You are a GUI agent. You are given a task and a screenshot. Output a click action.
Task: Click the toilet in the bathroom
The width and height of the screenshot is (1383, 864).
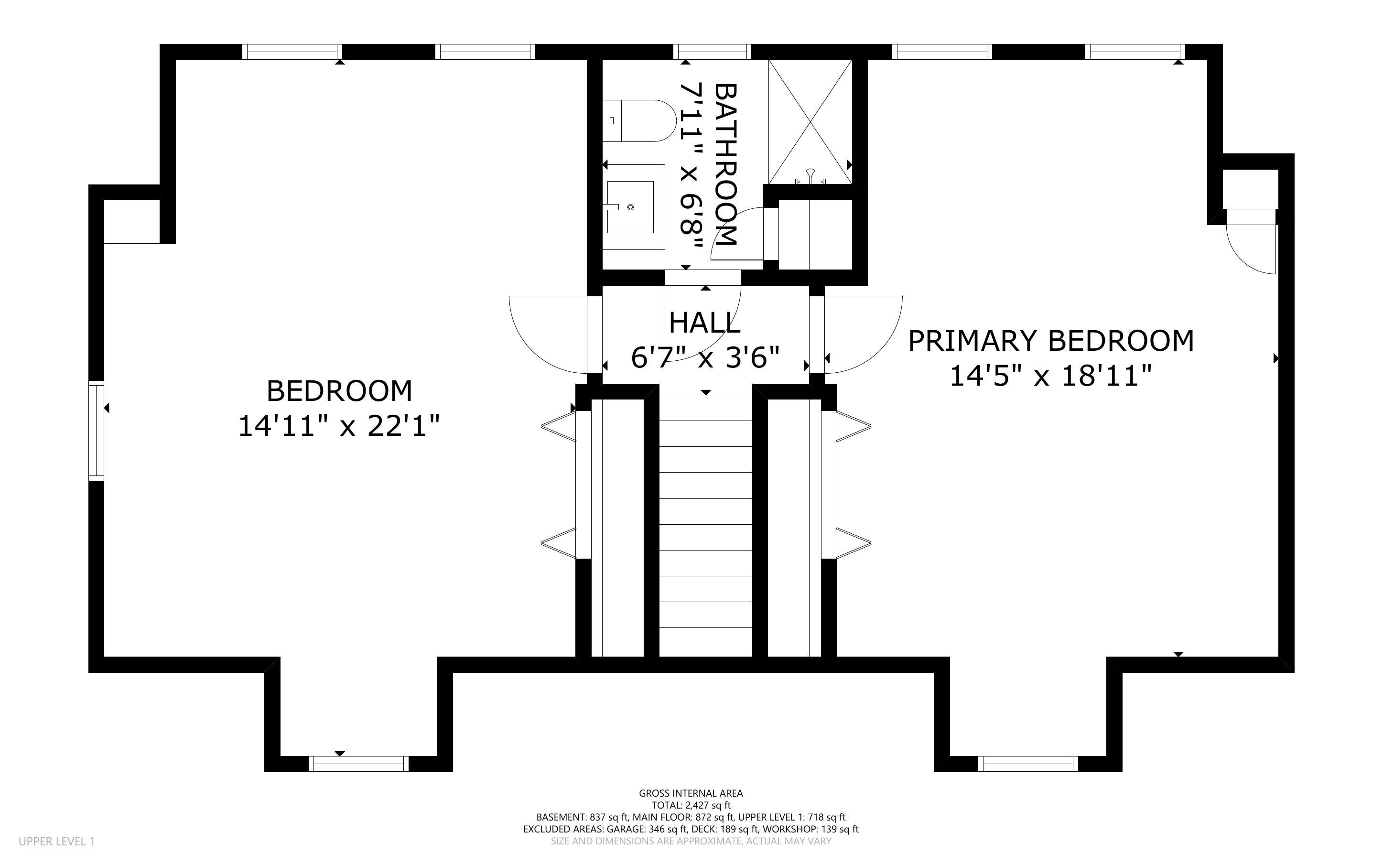638,121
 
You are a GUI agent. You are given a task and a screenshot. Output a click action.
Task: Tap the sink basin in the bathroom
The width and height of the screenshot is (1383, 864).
630,207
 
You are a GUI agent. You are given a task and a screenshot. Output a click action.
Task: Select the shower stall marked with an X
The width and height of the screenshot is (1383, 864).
810,122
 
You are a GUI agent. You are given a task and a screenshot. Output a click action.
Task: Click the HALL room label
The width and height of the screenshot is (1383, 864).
705,323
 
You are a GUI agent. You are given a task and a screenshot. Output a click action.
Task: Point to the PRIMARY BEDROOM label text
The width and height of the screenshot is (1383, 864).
1051,341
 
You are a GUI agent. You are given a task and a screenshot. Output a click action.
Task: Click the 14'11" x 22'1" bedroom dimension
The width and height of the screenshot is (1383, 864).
339,426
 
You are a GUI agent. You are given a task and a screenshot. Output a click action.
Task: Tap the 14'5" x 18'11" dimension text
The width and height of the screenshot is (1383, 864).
1050,376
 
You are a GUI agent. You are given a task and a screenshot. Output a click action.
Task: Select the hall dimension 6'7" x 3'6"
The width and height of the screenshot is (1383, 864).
705,358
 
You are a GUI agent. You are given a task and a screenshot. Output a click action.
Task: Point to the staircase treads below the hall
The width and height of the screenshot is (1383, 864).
706,526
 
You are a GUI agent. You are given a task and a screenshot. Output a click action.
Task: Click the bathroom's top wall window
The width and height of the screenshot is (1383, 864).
713,52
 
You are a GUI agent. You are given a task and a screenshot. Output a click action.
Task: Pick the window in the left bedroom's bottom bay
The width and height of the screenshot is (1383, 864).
359,764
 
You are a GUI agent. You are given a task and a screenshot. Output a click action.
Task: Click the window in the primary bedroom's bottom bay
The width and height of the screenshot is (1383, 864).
1028,764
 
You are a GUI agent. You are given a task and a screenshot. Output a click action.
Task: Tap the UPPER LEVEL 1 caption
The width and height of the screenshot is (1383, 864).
56,841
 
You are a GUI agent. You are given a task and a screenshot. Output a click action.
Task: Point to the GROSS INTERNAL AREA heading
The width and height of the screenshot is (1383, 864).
691,793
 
